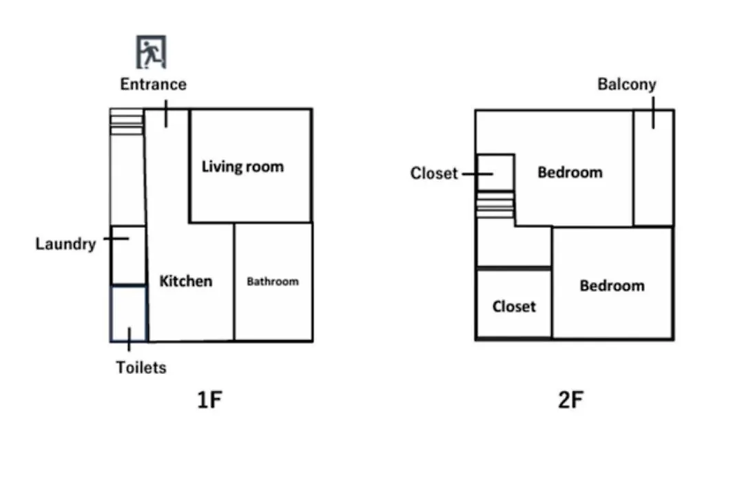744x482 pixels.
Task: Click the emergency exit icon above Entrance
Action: click(x=151, y=52)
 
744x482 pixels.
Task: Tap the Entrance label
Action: click(x=153, y=85)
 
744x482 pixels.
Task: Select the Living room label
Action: click(x=243, y=167)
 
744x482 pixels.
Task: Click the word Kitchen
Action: click(x=185, y=281)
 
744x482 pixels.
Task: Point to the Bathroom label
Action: click(x=273, y=282)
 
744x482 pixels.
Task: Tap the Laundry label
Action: click(x=66, y=244)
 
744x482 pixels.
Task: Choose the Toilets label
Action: click(x=141, y=368)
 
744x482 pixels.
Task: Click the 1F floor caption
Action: click(x=209, y=400)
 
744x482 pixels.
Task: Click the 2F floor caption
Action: click(x=571, y=400)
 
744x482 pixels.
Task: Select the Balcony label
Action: click(x=627, y=85)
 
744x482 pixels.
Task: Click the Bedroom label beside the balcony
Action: click(x=570, y=172)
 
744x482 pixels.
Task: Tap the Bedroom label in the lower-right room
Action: click(x=612, y=286)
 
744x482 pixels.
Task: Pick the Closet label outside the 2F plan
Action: click(x=434, y=173)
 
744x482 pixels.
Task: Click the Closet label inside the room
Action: click(x=514, y=306)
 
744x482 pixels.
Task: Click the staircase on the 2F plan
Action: click(x=495, y=205)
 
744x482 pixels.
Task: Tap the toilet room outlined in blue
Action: click(x=129, y=313)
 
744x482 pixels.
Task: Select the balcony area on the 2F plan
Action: click(x=653, y=168)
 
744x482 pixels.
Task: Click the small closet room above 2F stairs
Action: click(x=495, y=173)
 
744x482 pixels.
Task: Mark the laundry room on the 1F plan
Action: click(x=128, y=255)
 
